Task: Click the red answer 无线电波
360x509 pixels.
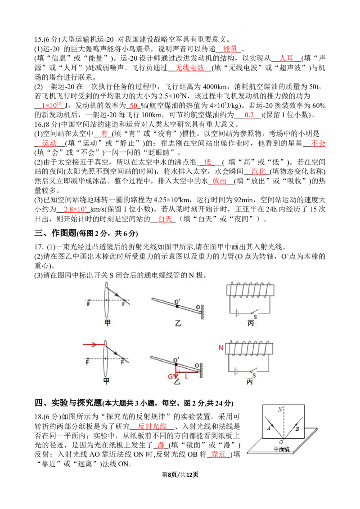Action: (x=189, y=67)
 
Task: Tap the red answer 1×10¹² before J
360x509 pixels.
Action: (x=51, y=105)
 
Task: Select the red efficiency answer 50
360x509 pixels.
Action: (x=134, y=106)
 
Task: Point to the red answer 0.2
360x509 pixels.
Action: (x=249, y=115)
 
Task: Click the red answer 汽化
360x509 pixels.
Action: (x=258, y=171)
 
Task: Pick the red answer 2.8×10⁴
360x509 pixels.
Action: (x=75, y=209)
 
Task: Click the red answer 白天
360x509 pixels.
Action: (x=165, y=219)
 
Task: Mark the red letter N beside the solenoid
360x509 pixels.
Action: (x=221, y=348)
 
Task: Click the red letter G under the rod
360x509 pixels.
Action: (x=170, y=376)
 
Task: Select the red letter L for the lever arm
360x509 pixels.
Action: (x=186, y=376)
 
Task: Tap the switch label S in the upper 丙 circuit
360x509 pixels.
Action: (x=255, y=317)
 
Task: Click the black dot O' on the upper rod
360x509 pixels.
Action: (x=177, y=306)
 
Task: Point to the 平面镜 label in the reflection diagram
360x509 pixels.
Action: (x=281, y=449)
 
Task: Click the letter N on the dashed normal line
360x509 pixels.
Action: (x=280, y=409)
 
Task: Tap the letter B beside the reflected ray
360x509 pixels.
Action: (x=297, y=429)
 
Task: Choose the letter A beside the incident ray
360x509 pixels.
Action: (x=268, y=428)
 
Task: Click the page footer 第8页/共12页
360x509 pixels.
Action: (x=180, y=474)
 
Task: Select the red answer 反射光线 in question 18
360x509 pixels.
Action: (x=153, y=426)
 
